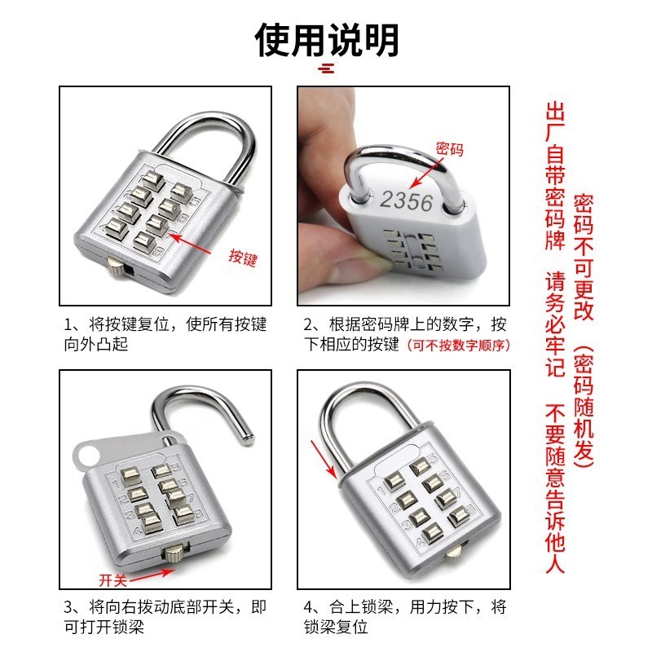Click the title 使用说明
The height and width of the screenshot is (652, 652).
(x=326, y=38)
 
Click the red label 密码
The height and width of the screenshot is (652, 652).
(x=449, y=148)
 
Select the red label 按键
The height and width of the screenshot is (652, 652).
(x=243, y=259)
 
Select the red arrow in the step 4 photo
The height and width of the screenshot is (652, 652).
(x=324, y=459)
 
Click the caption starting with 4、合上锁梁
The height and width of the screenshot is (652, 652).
(x=405, y=617)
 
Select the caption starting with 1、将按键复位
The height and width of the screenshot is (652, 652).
(x=165, y=334)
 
